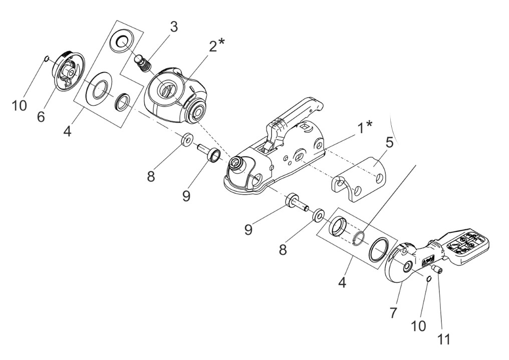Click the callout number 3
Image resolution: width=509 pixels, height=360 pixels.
174,27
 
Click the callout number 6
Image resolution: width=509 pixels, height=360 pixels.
41,117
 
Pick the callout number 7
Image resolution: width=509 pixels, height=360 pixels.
393,313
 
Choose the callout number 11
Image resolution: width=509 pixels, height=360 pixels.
444,339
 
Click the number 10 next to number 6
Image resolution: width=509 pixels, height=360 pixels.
19,106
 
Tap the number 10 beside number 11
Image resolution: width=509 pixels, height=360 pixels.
418,326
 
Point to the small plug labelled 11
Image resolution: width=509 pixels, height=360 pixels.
438,269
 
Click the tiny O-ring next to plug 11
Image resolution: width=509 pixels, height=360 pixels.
428,278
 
